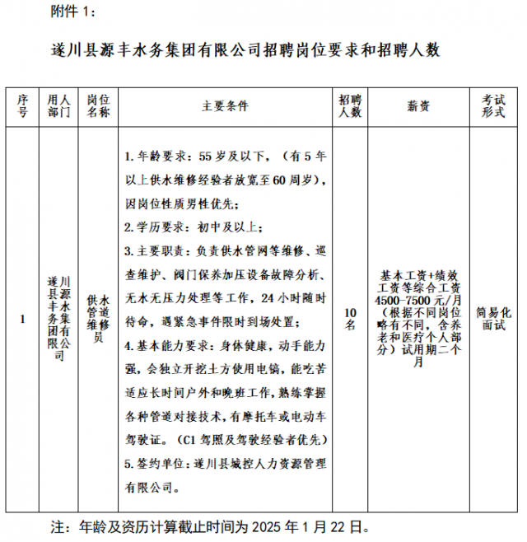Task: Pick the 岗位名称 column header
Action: (x=98, y=106)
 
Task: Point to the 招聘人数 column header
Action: (x=350, y=106)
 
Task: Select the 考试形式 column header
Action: (x=493, y=106)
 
